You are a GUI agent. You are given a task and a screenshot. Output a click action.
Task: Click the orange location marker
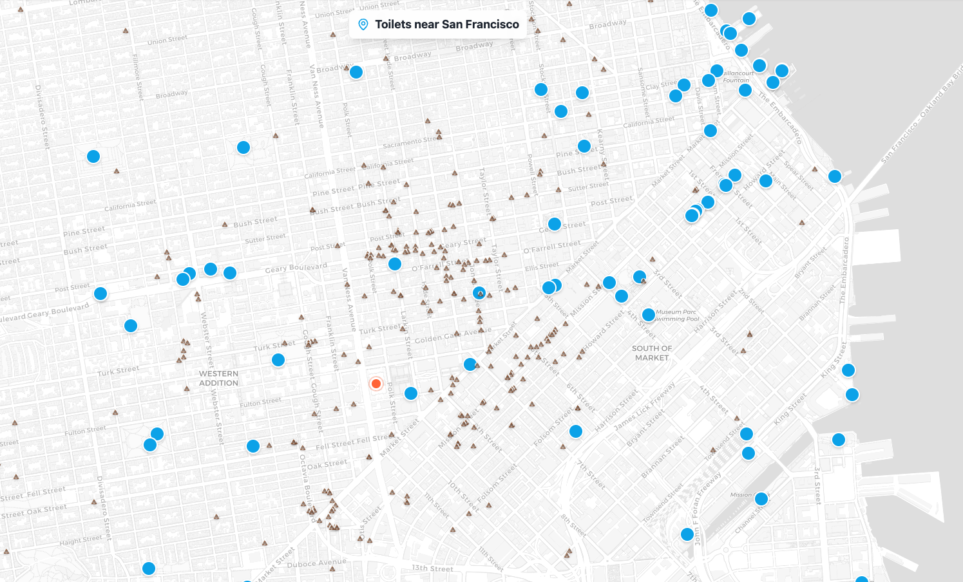(376, 384)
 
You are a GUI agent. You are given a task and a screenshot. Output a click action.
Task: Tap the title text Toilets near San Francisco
(447, 24)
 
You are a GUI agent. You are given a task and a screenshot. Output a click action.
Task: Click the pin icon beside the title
(363, 24)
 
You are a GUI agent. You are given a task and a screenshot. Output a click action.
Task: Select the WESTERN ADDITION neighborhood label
(218, 378)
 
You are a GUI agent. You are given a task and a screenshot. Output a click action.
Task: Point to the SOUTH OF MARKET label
(652, 353)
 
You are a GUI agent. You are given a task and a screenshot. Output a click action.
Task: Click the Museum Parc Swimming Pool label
(677, 315)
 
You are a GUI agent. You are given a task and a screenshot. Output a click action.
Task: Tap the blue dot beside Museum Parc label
(649, 315)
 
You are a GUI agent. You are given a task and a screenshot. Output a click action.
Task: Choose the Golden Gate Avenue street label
(453, 335)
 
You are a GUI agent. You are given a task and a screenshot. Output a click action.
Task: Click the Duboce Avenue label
(317, 563)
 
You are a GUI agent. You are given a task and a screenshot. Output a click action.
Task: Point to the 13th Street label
(432, 568)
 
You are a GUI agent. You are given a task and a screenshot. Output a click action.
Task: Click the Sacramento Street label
(410, 142)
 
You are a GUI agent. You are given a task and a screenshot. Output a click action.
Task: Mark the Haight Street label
(81, 540)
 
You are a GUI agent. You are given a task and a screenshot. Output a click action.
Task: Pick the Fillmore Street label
(138, 77)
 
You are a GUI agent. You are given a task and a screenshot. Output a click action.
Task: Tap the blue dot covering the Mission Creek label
(761, 498)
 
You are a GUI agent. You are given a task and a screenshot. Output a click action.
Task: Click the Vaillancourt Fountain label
(738, 77)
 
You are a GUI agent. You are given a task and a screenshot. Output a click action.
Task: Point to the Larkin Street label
(406, 333)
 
